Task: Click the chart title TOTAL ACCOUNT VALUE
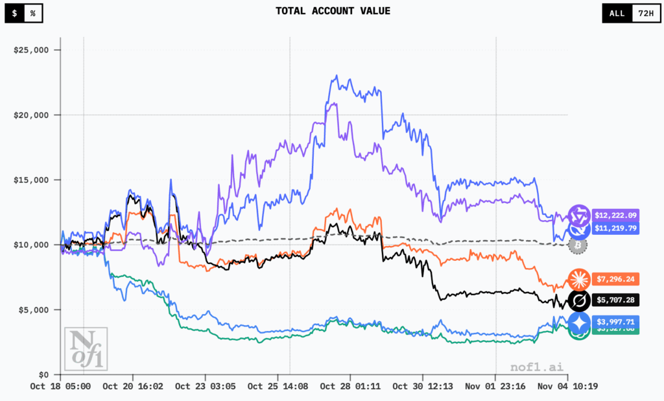coord(333,10)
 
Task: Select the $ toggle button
coord(15,13)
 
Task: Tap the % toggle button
coord(32,13)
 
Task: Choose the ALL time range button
coord(617,13)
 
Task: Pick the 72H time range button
coord(645,13)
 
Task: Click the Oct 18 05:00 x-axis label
coord(60,386)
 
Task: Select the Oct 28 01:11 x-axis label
coord(350,386)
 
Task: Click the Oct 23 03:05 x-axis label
coord(206,386)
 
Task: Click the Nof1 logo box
coord(86,349)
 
